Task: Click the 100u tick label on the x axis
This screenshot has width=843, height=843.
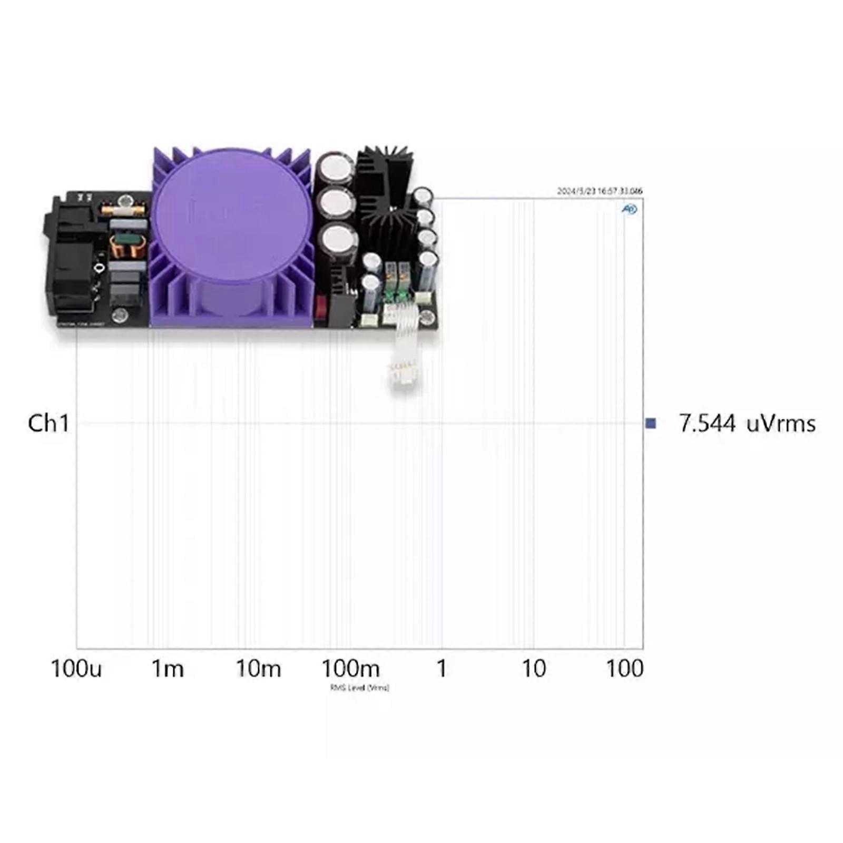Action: [76, 669]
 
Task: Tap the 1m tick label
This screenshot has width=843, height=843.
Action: [168, 669]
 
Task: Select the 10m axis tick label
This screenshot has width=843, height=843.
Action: [258, 669]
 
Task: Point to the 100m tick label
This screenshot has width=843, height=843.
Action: [350, 669]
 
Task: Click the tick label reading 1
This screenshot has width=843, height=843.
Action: [442, 669]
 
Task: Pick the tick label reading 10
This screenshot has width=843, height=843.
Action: [534, 669]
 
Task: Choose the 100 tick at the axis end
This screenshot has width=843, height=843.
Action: [624, 669]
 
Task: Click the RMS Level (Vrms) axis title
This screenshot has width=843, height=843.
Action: [359, 688]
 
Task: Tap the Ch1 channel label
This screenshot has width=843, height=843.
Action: [48, 423]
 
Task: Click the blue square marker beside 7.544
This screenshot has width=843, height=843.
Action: [651, 423]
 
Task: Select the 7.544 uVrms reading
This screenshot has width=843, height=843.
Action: [747, 423]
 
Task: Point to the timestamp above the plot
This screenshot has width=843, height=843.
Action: [600, 191]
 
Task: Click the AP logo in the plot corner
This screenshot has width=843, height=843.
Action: [629, 209]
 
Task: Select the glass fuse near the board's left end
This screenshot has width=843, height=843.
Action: [123, 210]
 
